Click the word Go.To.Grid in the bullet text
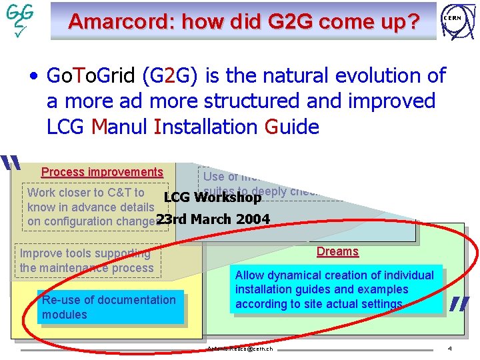coord(91,76)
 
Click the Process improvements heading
coord(102,172)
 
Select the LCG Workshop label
coord(213,198)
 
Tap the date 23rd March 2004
coord(213,219)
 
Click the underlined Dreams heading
coord(337,251)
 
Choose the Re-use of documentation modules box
coord(109,307)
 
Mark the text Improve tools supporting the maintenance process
coord(87,261)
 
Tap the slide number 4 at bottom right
coord(450,349)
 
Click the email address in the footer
coord(240,349)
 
